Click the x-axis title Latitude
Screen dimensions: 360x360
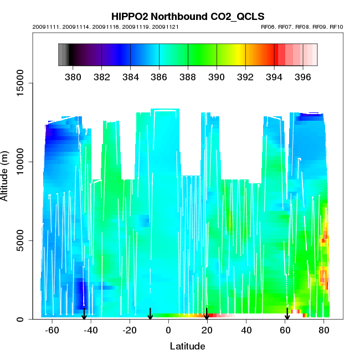pyautogui.click(x=187, y=347)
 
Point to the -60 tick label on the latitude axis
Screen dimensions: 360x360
pyautogui.click(x=52, y=330)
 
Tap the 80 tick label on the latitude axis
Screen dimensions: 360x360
pyautogui.click(x=324, y=330)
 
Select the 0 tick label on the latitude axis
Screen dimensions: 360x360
pyautogui.click(x=168, y=330)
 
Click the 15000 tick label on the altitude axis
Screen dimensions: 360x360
pyautogui.click(x=22, y=83)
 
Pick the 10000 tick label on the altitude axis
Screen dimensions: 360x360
pyautogui.click(x=22, y=162)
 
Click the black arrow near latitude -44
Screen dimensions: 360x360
pyautogui.click(x=84, y=314)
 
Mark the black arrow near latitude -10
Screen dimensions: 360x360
pyautogui.click(x=150, y=314)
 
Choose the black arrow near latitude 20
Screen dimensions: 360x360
pyautogui.click(x=207, y=314)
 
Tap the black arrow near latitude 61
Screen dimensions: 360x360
pyautogui.click(x=287, y=314)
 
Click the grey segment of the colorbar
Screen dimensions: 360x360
pyautogui.click(x=63, y=54)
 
